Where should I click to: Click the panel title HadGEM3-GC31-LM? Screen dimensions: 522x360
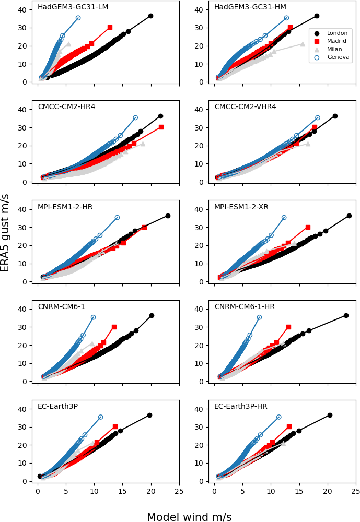[x=73, y=7]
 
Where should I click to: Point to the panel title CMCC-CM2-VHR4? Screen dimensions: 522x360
[x=245, y=107]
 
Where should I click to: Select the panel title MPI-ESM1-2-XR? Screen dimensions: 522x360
[x=241, y=207]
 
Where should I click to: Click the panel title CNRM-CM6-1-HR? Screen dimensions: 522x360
[x=245, y=307]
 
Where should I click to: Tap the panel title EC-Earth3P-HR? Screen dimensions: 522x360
[x=243, y=407]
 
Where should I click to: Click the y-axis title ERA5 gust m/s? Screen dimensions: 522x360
[x=5, y=233]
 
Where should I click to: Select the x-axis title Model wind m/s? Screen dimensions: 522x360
[x=189, y=517]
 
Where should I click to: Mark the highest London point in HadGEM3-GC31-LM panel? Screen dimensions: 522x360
[x=150, y=16]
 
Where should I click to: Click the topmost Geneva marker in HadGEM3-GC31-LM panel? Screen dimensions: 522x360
[x=78, y=18]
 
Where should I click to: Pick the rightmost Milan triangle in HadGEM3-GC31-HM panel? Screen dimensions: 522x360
[x=303, y=44]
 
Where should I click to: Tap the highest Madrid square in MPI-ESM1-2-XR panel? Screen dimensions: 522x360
[x=308, y=227]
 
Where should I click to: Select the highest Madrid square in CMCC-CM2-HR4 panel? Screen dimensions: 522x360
[x=161, y=127]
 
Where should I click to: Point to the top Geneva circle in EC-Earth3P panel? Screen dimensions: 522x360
[x=100, y=417]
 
